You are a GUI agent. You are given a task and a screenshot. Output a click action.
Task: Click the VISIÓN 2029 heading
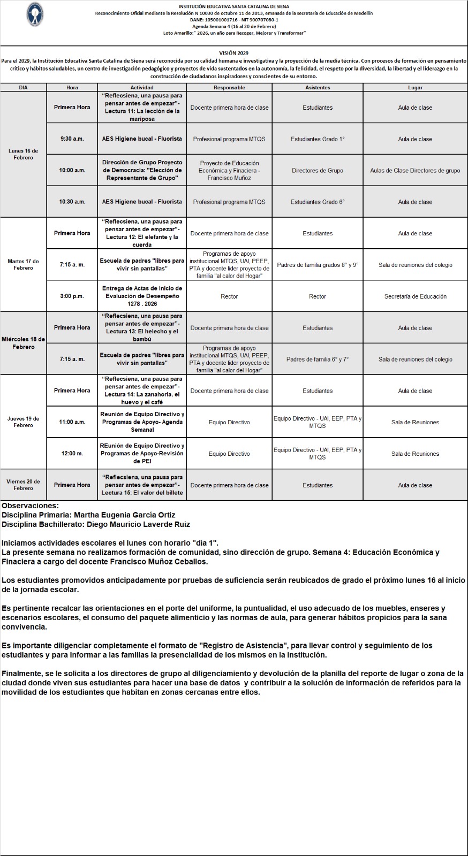(x=234, y=53)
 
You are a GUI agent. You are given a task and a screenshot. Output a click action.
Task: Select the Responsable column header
(x=229, y=87)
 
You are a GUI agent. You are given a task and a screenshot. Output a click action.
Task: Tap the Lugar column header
(x=415, y=87)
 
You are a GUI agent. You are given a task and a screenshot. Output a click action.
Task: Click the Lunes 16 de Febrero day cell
(x=24, y=154)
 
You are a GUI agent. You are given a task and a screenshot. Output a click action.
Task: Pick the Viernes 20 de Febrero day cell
(x=24, y=485)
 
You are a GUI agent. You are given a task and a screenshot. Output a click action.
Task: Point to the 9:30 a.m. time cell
(x=72, y=139)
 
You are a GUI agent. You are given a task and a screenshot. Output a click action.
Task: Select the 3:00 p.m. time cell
(x=72, y=296)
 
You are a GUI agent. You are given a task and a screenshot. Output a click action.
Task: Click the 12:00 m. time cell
(x=72, y=454)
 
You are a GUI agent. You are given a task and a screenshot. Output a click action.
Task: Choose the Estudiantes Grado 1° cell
(x=318, y=139)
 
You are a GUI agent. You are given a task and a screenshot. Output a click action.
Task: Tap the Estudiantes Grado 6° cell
(x=318, y=202)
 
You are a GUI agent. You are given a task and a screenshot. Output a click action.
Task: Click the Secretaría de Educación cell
(x=415, y=296)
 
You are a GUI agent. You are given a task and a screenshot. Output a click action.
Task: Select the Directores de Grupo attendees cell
(x=318, y=171)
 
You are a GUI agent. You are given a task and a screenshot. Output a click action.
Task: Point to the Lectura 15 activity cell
(x=142, y=485)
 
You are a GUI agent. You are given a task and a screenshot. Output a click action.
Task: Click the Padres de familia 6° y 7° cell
(x=318, y=360)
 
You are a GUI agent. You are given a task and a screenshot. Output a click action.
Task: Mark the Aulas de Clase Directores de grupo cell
(x=415, y=171)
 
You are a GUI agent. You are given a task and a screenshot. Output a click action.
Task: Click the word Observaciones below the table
(x=30, y=506)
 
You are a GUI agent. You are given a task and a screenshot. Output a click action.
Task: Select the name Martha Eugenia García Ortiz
(x=124, y=515)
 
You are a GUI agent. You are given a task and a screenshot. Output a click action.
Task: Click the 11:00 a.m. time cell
(x=72, y=422)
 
